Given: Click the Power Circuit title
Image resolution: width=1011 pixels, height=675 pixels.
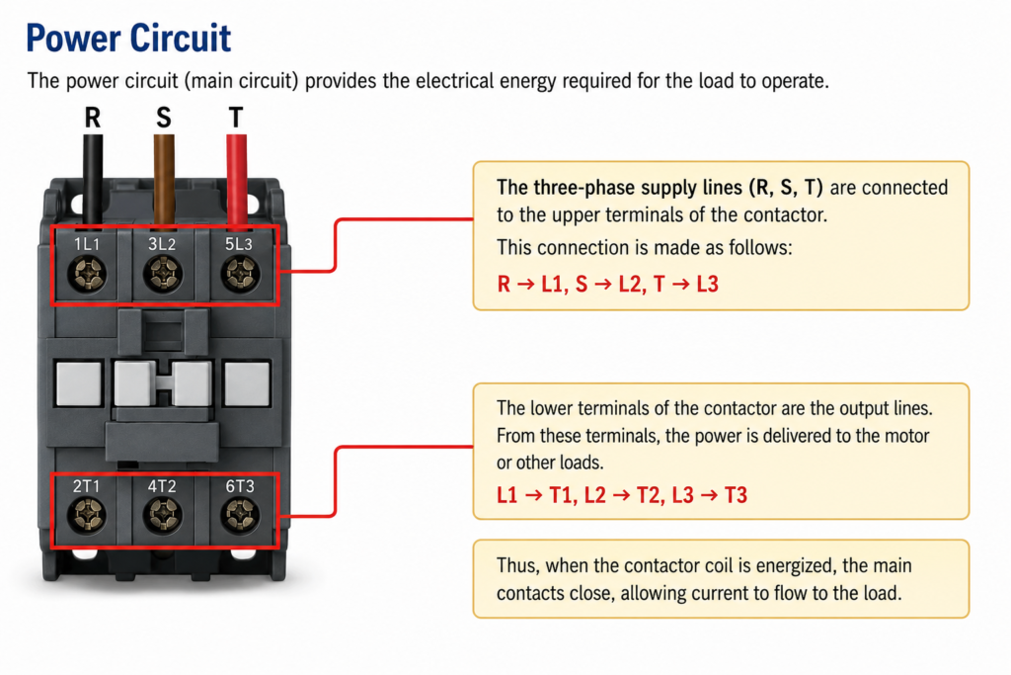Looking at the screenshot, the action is coord(128,38).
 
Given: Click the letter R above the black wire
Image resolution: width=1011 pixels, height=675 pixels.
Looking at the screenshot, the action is coord(93,118).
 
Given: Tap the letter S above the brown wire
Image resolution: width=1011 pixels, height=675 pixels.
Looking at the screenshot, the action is coord(164,118).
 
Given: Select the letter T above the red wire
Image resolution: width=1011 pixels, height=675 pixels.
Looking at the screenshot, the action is coord(236,118).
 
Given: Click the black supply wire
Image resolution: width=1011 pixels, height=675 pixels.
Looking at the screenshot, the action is coord(93,181).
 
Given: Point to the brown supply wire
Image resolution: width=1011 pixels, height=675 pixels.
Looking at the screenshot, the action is coord(164,181).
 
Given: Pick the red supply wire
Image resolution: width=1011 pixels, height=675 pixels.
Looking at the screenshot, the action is coord(237,181).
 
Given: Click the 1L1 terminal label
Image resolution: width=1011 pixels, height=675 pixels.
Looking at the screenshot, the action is coord(87,244).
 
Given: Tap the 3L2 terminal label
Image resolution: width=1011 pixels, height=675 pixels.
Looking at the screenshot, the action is coord(162,244).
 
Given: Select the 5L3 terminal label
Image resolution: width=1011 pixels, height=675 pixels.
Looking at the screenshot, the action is coord(239,244).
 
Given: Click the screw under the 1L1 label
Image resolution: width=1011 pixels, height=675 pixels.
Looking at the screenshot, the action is coord(87,274).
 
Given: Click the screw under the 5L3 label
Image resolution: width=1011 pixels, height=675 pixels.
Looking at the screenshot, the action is coord(241,274).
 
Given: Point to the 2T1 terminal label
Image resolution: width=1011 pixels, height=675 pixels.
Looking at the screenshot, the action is coord(87,486).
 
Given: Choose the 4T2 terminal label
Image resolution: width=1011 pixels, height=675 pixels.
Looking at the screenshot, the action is coord(162,486).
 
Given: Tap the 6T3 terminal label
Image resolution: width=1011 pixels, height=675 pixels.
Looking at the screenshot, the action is coord(240,486).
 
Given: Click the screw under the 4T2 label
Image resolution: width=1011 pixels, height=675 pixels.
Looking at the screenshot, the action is coord(162,515).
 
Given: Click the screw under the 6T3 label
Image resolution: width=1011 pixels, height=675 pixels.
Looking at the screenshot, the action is coord(240,515).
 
